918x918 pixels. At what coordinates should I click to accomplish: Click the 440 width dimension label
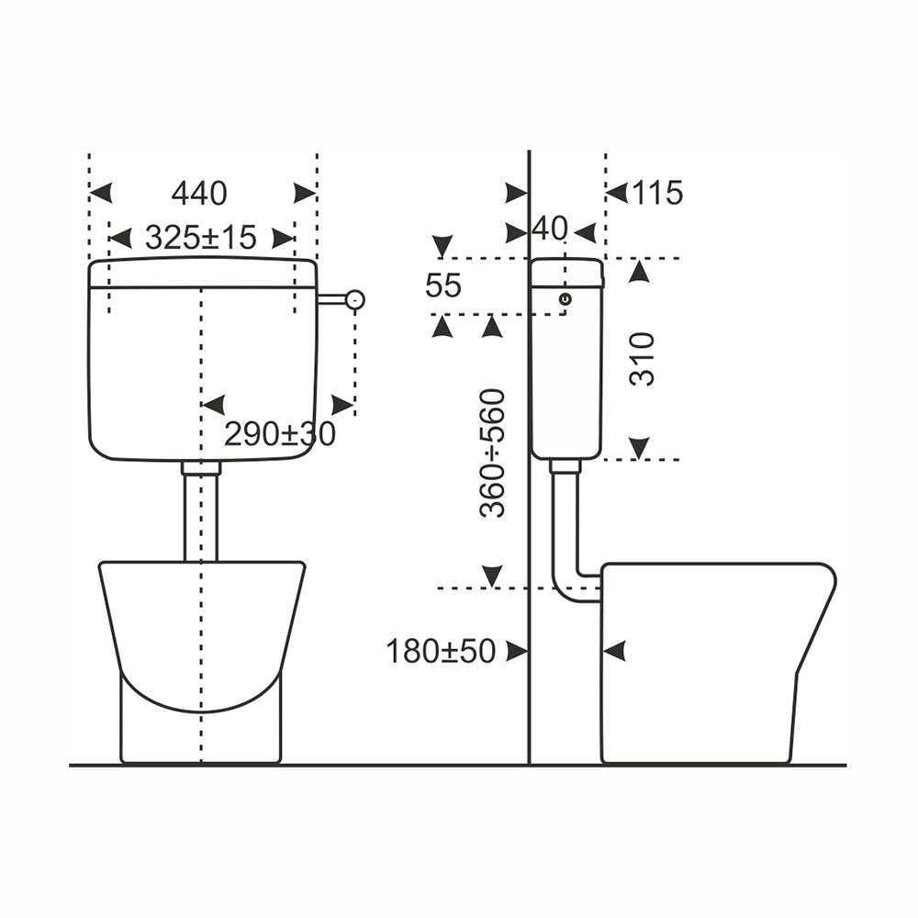point(199,193)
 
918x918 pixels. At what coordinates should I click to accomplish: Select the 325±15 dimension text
point(201,238)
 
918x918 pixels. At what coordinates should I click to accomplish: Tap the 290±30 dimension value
point(280,434)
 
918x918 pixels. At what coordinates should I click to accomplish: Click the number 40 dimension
point(550,229)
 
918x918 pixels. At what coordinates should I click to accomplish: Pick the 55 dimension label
point(443,285)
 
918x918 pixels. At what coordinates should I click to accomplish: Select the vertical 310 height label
point(643,358)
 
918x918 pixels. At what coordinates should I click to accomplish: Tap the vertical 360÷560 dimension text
point(492,453)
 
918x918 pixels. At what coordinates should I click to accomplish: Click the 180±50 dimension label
point(441,651)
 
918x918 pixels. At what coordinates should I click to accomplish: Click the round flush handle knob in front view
point(354,300)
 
